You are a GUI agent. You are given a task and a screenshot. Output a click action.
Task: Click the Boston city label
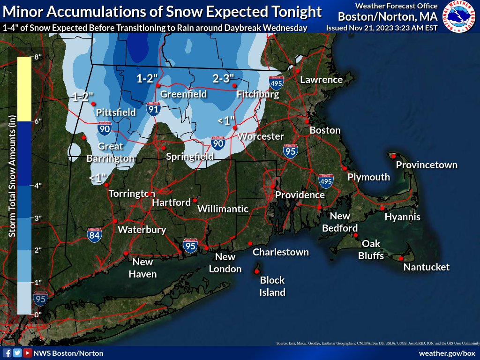tap(325, 130)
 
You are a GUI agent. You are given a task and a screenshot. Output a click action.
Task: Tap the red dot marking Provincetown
tap(394, 156)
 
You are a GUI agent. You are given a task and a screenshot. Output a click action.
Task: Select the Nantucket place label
tap(427, 267)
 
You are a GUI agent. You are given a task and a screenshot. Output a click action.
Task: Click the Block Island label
tap(272, 286)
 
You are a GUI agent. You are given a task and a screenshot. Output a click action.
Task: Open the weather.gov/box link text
tap(447, 353)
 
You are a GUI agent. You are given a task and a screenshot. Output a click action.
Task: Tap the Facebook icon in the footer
tap(7, 353)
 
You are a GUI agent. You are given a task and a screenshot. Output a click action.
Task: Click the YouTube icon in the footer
tap(28, 353)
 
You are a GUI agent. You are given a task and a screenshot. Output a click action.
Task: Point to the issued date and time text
tap(382, 28)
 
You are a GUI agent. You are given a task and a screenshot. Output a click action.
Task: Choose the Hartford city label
tap(171, 203)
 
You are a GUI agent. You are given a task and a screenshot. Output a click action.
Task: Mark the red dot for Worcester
tap(235, 127)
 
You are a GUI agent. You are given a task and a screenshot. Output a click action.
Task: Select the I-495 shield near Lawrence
tap(276, 83)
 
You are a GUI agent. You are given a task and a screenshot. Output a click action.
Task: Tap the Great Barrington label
tap(110, 152)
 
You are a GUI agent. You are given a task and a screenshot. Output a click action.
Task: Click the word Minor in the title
tap(23, 12)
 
